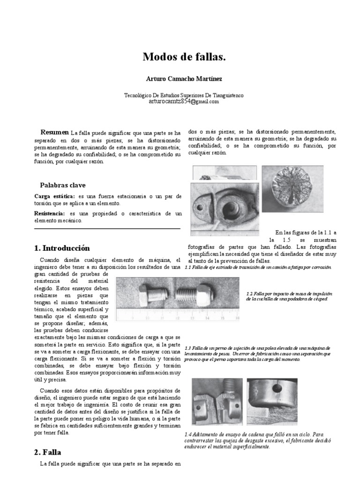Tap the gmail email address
click(184, 101)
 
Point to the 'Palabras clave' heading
click(63, 185)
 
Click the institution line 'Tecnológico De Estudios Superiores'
click(184, 95)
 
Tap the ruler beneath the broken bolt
click(178, 315)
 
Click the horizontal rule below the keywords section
click(107, 229)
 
